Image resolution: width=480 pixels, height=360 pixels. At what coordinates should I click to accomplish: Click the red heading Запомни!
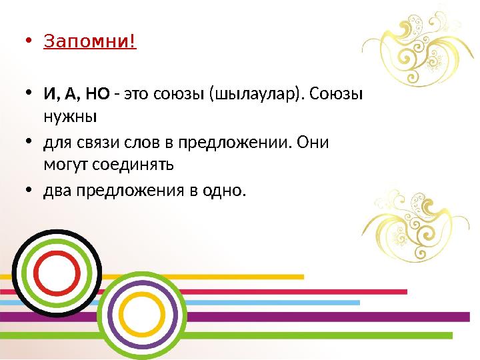[x=89, y=41]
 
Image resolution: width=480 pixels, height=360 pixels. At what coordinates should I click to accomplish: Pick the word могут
[x=65, y=163]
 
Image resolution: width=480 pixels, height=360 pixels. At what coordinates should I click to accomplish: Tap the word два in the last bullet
[x=58, y=192]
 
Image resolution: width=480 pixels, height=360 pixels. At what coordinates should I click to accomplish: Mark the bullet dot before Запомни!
[x=27, y=42]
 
